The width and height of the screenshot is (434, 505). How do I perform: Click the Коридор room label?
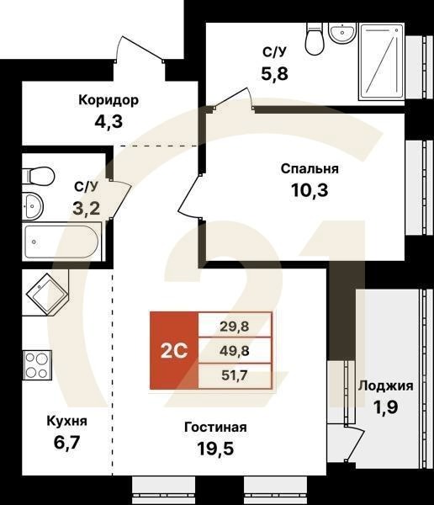tap(108, 100)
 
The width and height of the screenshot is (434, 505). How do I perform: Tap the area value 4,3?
tap(108, 120)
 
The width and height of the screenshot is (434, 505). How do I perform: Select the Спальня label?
tap(304, 168)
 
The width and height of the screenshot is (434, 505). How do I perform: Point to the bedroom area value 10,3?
tap(304, 189)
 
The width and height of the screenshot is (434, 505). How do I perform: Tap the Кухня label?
tap(66, 420)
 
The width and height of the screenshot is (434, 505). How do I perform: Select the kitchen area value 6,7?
tap(66, 441)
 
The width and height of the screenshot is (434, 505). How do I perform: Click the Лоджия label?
tap(385, 386)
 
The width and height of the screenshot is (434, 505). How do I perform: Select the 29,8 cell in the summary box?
tap(235, 324)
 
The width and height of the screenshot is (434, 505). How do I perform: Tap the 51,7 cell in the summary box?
tap(235, 376)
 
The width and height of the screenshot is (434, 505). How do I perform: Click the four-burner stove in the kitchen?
tap(37, 365)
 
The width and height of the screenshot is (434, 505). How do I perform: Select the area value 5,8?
tap(274, 72)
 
